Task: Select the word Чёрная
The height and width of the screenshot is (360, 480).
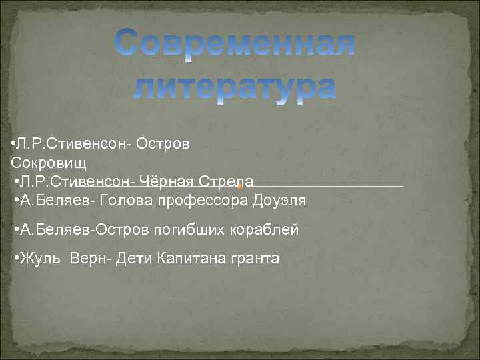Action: coord(171,181)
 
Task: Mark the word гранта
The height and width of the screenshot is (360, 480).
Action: coord(255,258)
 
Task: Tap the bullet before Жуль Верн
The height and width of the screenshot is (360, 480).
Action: coord(17,258)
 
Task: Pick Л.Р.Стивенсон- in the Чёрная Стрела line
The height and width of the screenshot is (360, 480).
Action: coord(77,181)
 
